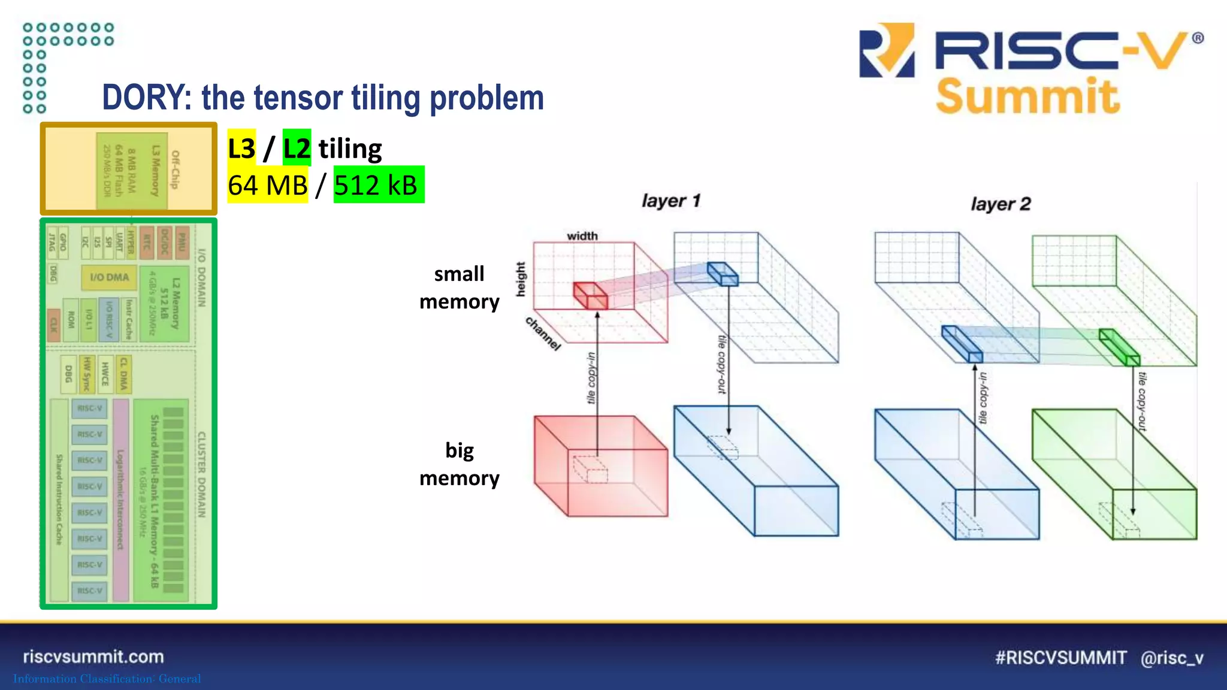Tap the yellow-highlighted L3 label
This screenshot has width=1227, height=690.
pos(241,148)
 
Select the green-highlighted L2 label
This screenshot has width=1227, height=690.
pos(297,148)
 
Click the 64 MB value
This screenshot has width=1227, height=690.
pos(267,185)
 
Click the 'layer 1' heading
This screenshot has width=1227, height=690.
pos(670,201)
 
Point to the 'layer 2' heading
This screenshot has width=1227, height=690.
pos(1001,204)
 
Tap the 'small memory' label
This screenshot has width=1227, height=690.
pos(459,287)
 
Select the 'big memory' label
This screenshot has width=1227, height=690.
pos(459,464)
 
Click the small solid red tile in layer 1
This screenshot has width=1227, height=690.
pos(590,296)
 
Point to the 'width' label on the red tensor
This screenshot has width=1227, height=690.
pos(582,236)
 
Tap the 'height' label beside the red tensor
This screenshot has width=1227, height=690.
pos(521,279)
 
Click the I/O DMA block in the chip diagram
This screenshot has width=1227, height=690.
pos(109,277)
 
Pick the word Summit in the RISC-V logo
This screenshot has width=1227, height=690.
pos(1027,97)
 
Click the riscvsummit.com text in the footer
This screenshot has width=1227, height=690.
pos(93,656)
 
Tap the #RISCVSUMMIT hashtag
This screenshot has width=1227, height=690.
pos(1060,658)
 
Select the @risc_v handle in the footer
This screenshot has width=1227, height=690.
pos(1172,658)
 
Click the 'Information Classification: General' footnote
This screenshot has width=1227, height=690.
pos(107,679)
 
